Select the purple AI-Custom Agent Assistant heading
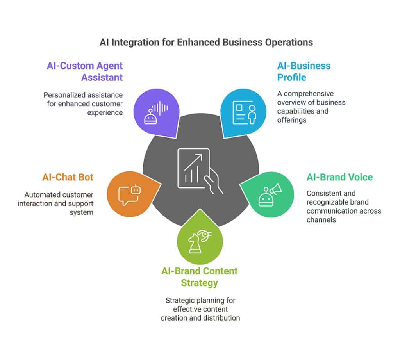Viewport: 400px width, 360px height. [85, 71]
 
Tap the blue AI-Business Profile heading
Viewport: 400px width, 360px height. [304, 71]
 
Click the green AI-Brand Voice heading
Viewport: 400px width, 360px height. [339, 177]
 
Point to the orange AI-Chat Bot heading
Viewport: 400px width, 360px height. [68, 177]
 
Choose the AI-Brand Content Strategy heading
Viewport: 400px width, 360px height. [199, 276]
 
